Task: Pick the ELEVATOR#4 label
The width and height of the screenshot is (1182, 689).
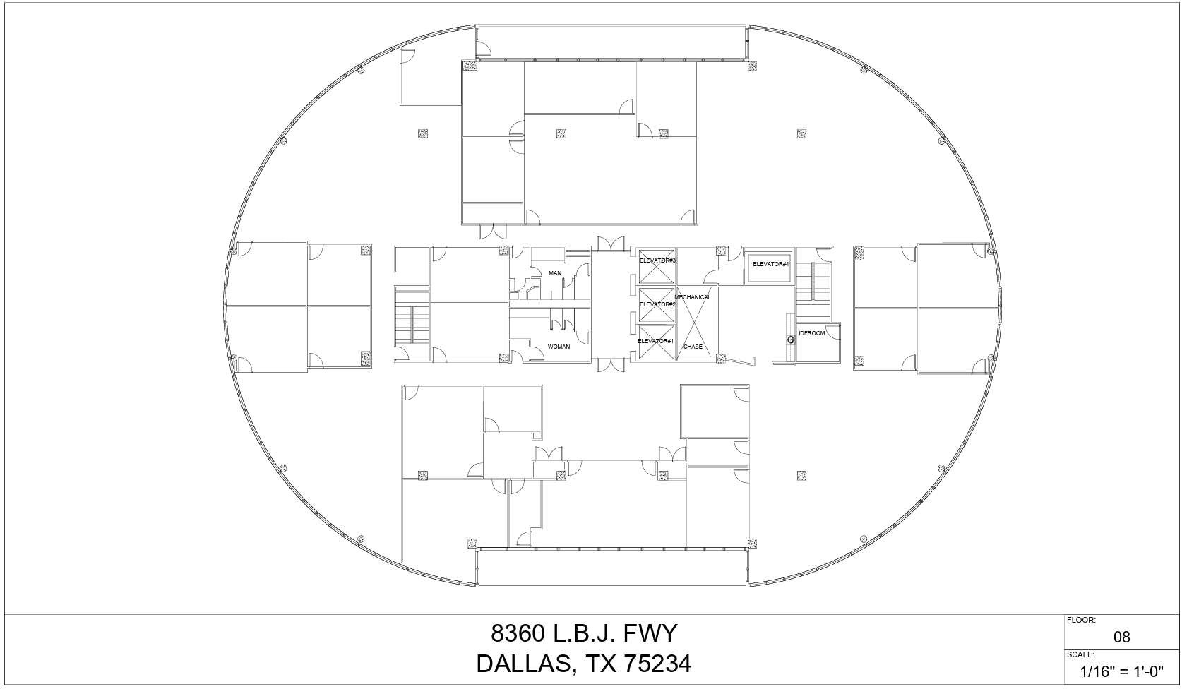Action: [x=770, y=264]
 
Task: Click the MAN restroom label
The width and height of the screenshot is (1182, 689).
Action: [x=555, y=273]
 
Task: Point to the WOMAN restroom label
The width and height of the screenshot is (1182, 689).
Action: [x=559, y=347]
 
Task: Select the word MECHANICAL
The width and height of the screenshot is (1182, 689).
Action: [x=693, y=297]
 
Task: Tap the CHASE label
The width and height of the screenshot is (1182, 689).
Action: [x=693, y=347]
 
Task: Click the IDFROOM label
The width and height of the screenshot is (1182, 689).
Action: [x=811, y=333]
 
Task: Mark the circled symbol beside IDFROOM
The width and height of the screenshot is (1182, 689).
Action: [x=791, y=340]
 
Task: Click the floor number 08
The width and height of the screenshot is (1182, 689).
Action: [x=1121, y=637]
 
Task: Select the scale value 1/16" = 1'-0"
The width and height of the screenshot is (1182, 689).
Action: [x=1121, y=671]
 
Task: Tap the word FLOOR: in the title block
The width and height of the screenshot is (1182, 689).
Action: [x=1081, y=621]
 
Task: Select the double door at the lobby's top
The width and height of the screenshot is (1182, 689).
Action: [x=607, y=244]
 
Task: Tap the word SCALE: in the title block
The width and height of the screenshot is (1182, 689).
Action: [x=1080, y=654]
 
